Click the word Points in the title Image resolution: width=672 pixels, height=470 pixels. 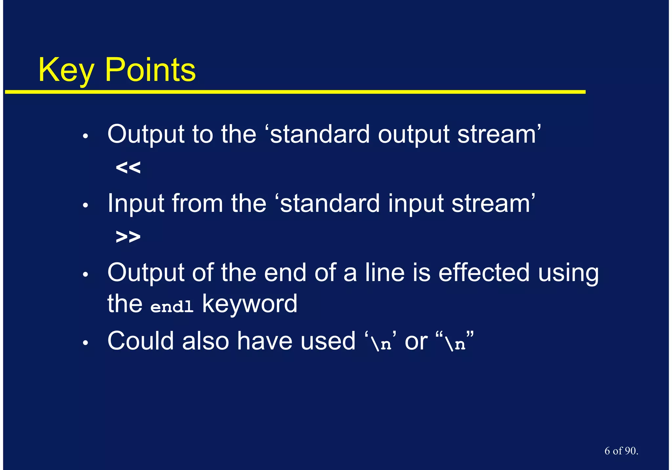[150, 70]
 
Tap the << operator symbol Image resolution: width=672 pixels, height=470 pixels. [128, 168]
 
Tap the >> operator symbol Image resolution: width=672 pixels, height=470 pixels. [128, 236]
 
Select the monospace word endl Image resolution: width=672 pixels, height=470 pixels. [172, 307]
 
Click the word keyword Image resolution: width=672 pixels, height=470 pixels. [249, 304]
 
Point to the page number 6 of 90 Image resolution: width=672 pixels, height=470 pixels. [621, 451]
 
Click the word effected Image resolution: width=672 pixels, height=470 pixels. [484, 273]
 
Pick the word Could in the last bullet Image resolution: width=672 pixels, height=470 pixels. [140, 341]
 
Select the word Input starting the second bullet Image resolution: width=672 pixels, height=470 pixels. [136, 204]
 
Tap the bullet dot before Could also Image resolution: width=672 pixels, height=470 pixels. [85, 343]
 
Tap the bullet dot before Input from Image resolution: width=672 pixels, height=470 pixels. [85, 206]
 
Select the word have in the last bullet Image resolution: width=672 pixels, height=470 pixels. [264, 341]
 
